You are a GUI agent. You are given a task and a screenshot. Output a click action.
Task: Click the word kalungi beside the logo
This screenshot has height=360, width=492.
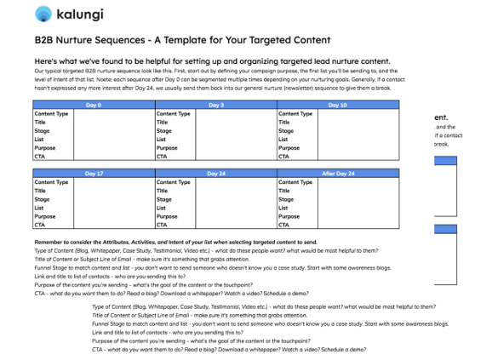tap(82, 14)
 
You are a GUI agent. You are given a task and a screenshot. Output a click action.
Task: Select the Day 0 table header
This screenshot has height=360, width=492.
tap(94, 105)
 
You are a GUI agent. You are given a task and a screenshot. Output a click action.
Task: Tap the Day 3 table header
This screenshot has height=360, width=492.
tap(216, 105)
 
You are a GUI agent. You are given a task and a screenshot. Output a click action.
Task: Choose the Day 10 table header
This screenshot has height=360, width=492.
tap(338, 105)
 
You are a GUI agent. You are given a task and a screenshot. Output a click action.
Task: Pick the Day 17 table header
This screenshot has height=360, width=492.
tap(94, 174)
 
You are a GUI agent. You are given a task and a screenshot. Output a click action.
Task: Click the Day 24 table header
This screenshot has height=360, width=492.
tap(216, 174)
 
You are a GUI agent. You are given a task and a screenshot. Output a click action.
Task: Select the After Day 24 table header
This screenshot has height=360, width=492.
tap(338, 174)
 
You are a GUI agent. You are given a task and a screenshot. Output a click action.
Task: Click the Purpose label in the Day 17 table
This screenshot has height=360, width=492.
tap(45, 217)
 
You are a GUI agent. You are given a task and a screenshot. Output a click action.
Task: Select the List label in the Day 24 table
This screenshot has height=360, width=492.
tap(161, 209)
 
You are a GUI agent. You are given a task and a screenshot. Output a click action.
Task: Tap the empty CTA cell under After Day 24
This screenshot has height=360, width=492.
tap(358, 226)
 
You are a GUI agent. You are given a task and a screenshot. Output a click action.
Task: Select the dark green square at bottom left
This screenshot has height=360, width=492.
tap(28, 332)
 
